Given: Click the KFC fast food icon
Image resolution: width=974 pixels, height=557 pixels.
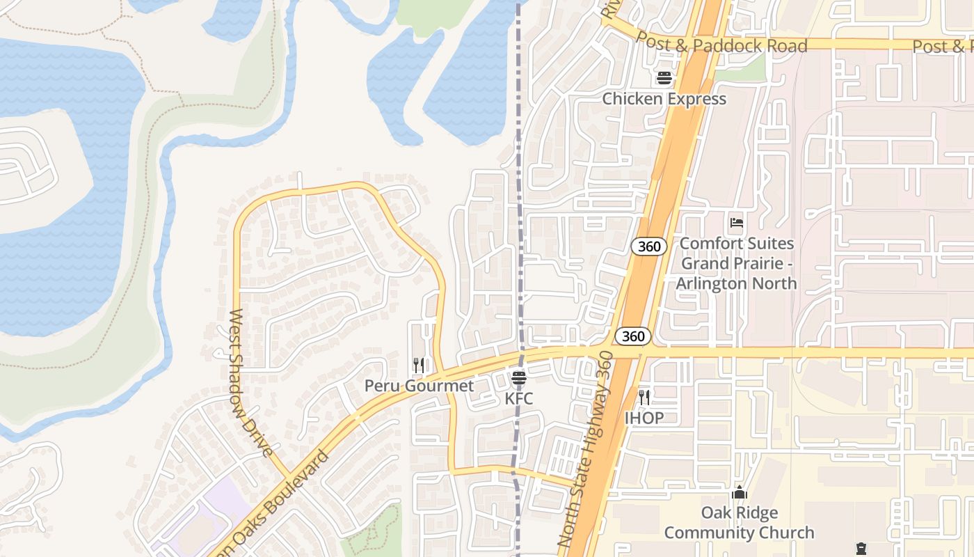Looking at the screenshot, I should pos(519,379).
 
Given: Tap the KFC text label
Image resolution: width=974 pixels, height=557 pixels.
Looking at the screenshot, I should pos(519,399).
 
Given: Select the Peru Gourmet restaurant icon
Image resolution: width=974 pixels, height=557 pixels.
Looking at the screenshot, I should pos(419,365).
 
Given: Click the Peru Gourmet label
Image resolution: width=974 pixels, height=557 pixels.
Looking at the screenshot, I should pos(420,386).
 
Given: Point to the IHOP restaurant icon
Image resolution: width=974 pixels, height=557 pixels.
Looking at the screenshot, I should pos(644,398).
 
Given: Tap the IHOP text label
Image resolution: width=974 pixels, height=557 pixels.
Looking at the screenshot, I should pos(644,418).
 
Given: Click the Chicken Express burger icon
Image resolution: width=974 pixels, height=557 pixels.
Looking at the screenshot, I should pos(664,78).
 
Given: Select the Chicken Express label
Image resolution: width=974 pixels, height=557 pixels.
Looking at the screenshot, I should pos(664,99).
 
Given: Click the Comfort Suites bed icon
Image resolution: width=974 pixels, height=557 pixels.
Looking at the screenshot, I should pos(737,223).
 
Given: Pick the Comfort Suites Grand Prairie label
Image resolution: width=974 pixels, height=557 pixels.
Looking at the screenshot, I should pos(737,263).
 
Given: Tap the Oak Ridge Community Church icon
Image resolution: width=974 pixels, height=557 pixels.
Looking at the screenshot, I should pos(739,493).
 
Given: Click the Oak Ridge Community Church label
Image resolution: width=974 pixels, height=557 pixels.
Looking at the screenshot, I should pos(739,523).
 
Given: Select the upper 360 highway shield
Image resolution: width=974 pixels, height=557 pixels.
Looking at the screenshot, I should pos(649,246).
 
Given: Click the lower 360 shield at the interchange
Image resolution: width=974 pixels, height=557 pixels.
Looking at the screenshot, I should pos(632,337).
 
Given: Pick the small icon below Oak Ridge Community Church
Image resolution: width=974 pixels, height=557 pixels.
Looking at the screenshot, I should pos(861,549).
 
